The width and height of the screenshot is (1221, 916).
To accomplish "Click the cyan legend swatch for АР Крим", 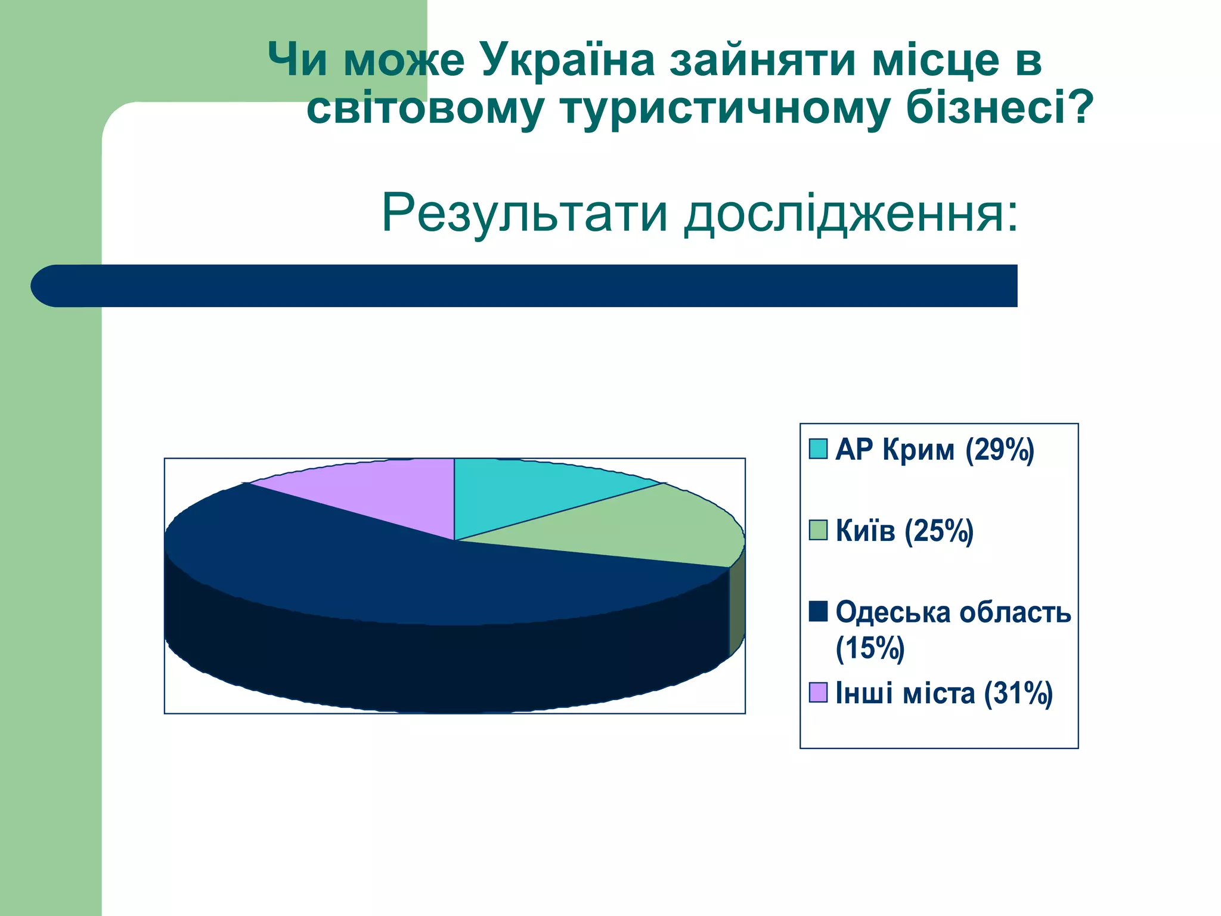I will (818, 449).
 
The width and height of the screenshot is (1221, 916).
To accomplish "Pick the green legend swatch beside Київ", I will (818, 530).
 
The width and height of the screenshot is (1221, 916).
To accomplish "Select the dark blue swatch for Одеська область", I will (818, 611).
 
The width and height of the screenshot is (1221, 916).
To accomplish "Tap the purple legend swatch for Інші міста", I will (818, 692).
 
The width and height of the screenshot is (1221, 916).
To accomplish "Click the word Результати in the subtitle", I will (525, 213).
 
